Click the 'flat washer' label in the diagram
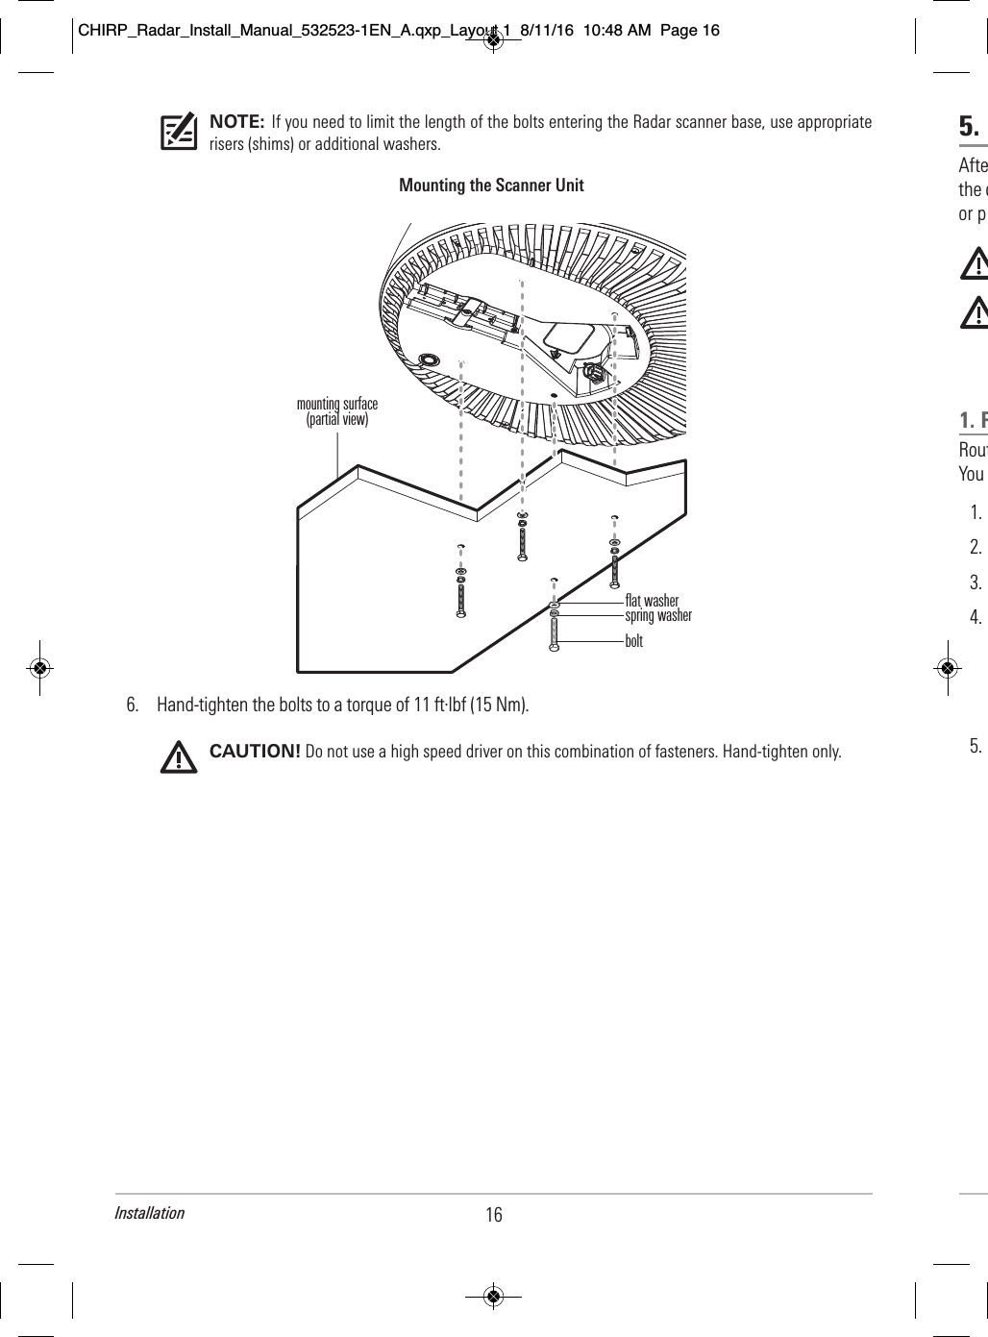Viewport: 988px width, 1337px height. pyautogui.click(x=651, y=602)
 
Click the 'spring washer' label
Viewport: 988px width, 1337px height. pyautogui.click(x=657, y=615)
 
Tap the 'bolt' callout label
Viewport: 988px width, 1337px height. pyautogui.click(x=633, y=640)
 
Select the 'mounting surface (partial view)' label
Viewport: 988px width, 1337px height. pyautogui.click(x=336, y=411)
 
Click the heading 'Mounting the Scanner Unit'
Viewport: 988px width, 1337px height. pyautogui.click(x=491, y=186)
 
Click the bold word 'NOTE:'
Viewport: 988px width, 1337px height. pyautogui.click(x=236, y=122)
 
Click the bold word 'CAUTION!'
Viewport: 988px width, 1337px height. pyautogui.click(x=255, y=751)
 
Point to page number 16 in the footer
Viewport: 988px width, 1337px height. pyautogui.click(x=493, y=1215)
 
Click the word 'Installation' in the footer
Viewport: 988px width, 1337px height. pyautogui.click(x=149, y=1212)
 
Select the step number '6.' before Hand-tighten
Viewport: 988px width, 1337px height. pyautogui.click(x=134, y=705)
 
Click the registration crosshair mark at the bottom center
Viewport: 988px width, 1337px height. pyautogui.click(x=493, y=1296)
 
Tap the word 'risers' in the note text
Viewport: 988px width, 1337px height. pyautogui.click(x=228, y=145)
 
